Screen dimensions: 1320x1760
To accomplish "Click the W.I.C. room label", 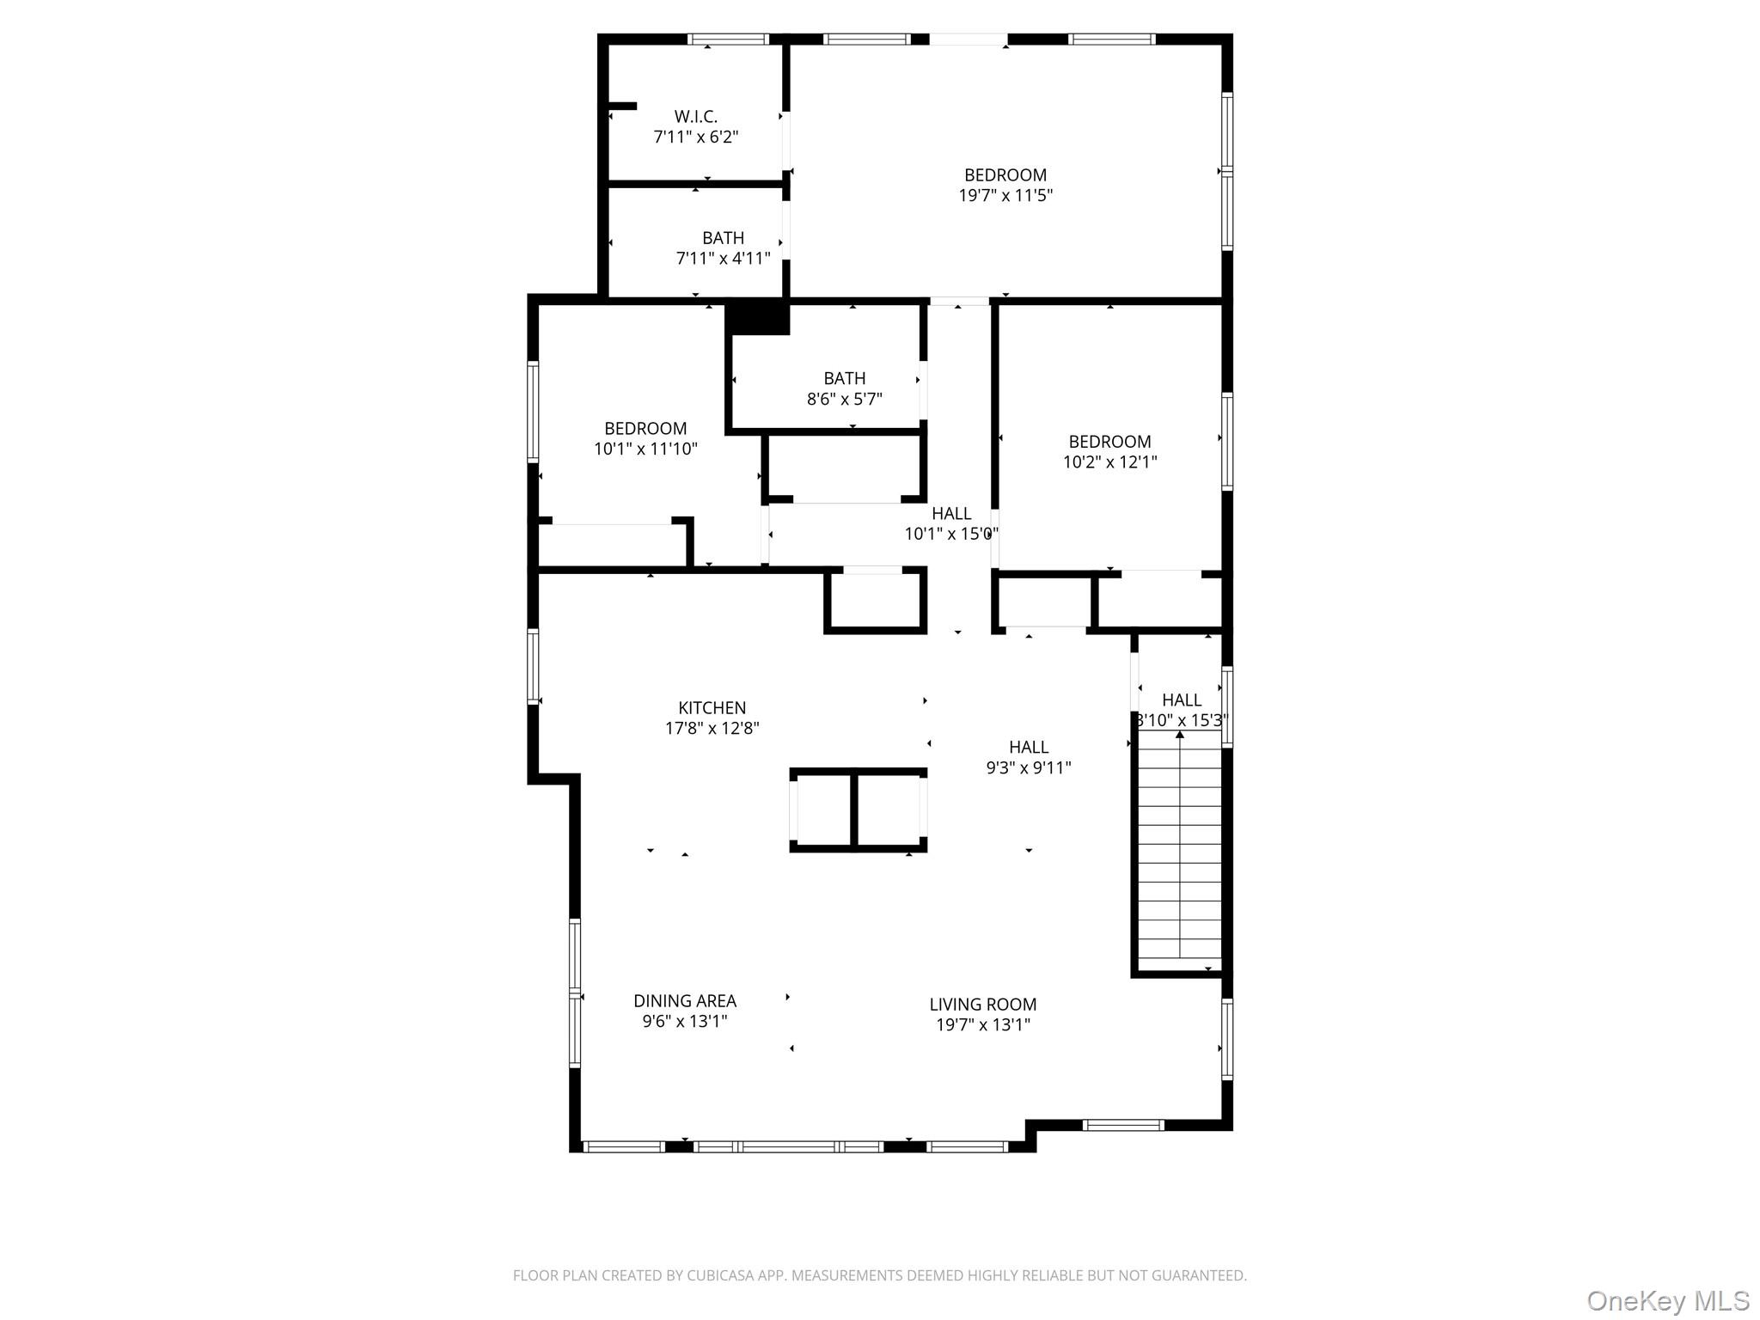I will coord(695,116).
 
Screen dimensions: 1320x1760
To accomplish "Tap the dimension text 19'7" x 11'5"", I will coord(1005,195).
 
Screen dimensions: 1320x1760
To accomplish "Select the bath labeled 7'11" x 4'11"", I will coord(723,247).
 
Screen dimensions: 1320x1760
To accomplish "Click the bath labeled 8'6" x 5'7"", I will coord(844,388).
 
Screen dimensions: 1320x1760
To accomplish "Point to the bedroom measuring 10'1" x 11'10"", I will coord(645,438).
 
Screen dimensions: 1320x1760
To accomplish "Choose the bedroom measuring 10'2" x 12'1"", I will coord(1109,451).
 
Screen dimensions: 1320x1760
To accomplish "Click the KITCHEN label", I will coord(712,707).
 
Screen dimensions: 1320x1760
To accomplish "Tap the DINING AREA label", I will coord(685,1000).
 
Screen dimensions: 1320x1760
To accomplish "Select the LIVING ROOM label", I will coord(982,1004).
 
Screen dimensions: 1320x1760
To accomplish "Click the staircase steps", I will coord(1180,851).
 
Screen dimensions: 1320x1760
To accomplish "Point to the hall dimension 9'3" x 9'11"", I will coord(1029,767).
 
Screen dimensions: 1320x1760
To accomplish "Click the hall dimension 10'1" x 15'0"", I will coord(950,534).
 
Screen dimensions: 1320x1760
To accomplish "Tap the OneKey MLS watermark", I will coord(1667,1299).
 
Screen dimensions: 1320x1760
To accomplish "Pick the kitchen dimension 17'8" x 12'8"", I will coord(712,729).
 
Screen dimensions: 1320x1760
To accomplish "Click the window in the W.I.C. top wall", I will coord(728,39).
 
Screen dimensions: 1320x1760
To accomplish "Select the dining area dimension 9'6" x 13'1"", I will coord(685,1021).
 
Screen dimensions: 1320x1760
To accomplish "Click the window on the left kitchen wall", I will coord(533,666).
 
